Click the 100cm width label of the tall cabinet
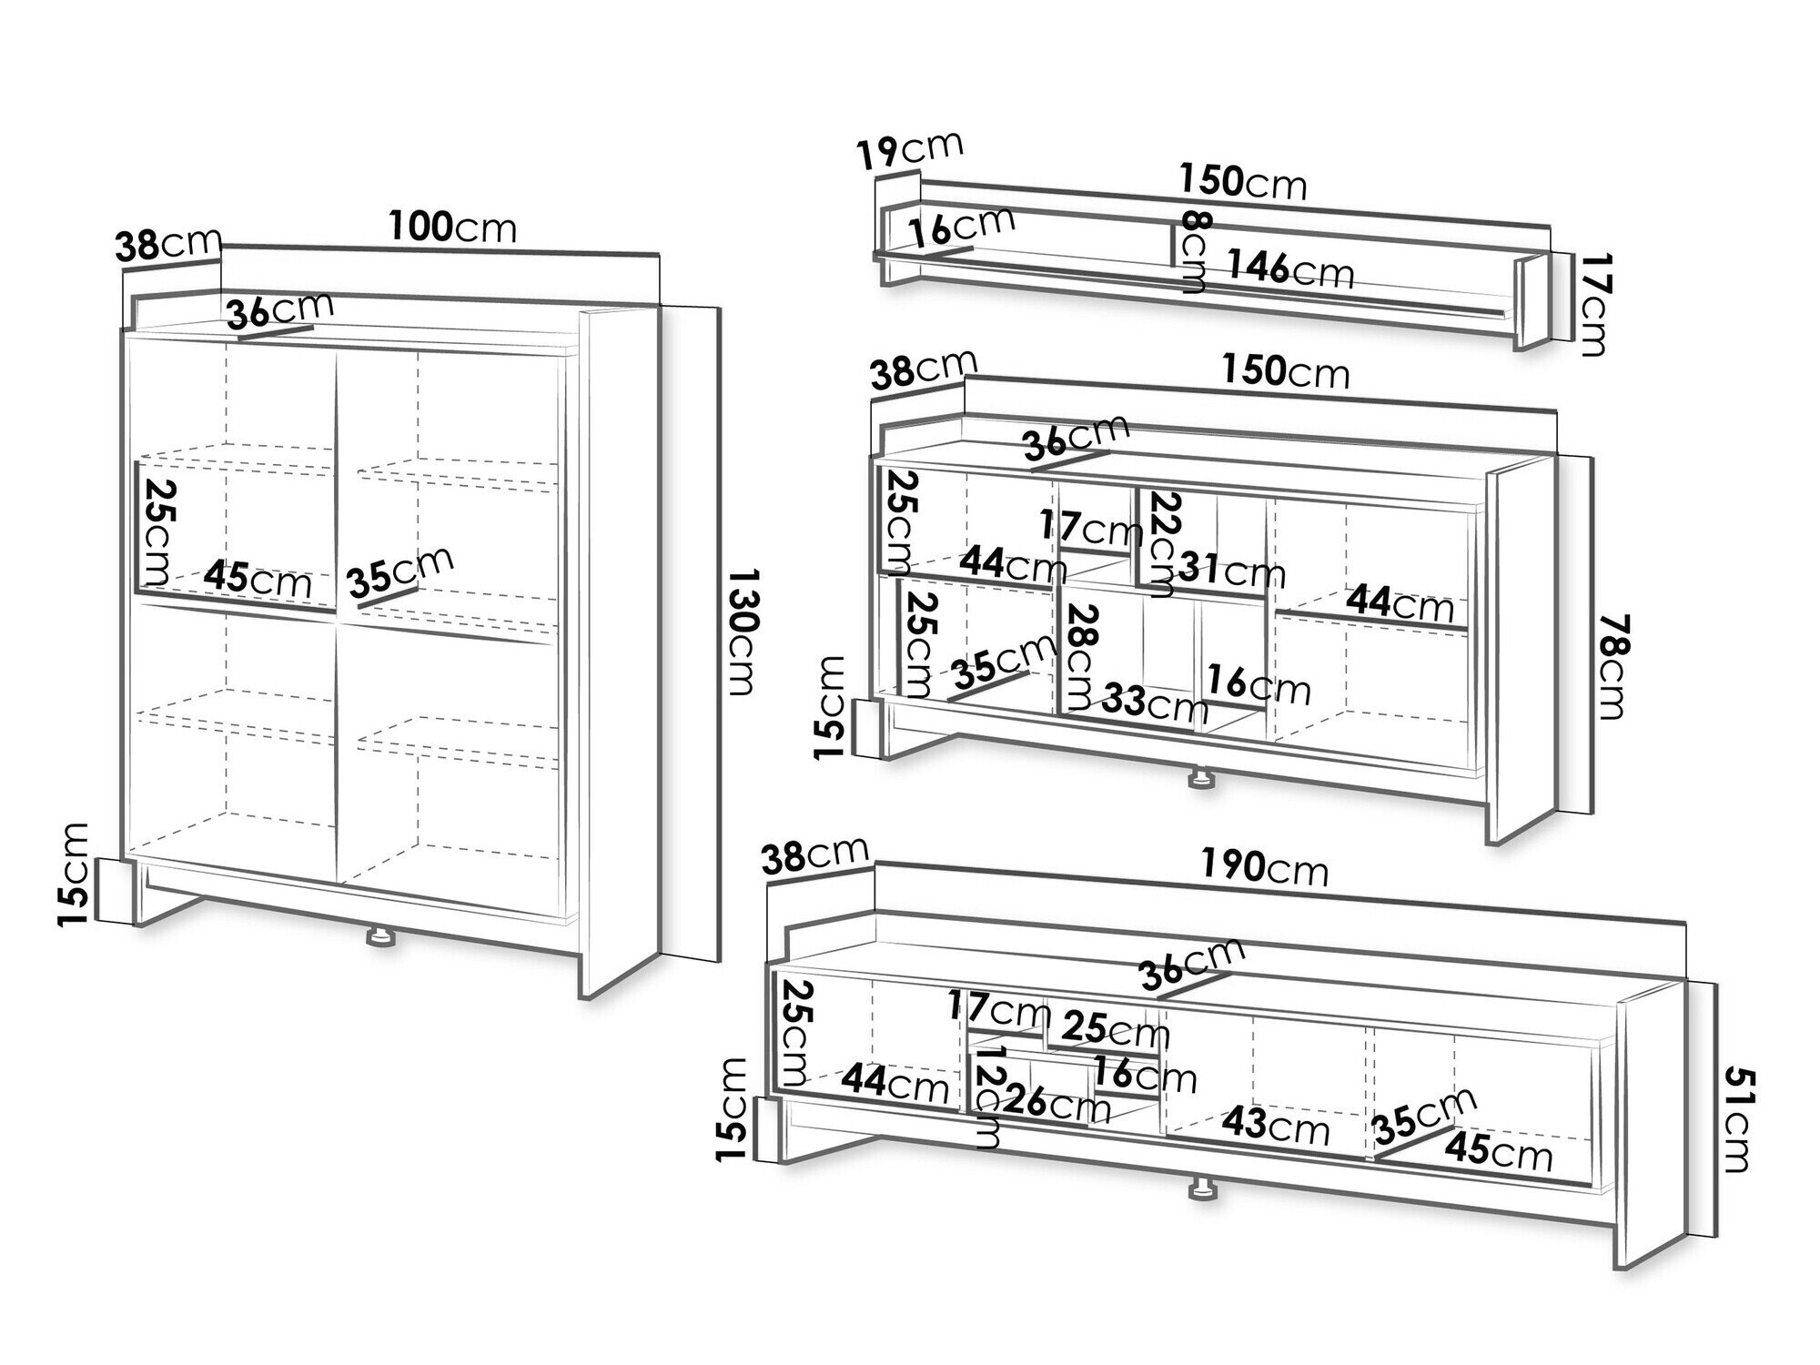pyautogui.click(x=452, y=227)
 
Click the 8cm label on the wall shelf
pyautogui.click(x=1194, y=251)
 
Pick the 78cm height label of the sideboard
pyautogui.click(x=1612, y=665)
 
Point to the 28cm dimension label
pyautogui.click(x=1082, y=657)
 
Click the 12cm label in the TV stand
pyautogui.click(x=988, y=1105)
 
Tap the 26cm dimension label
pyautogui.click(x=1056, y=1105)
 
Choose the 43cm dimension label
pyautogui.click(x=1275, y=1127)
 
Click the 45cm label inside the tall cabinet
pyautogui.click(x=258, y=579)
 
